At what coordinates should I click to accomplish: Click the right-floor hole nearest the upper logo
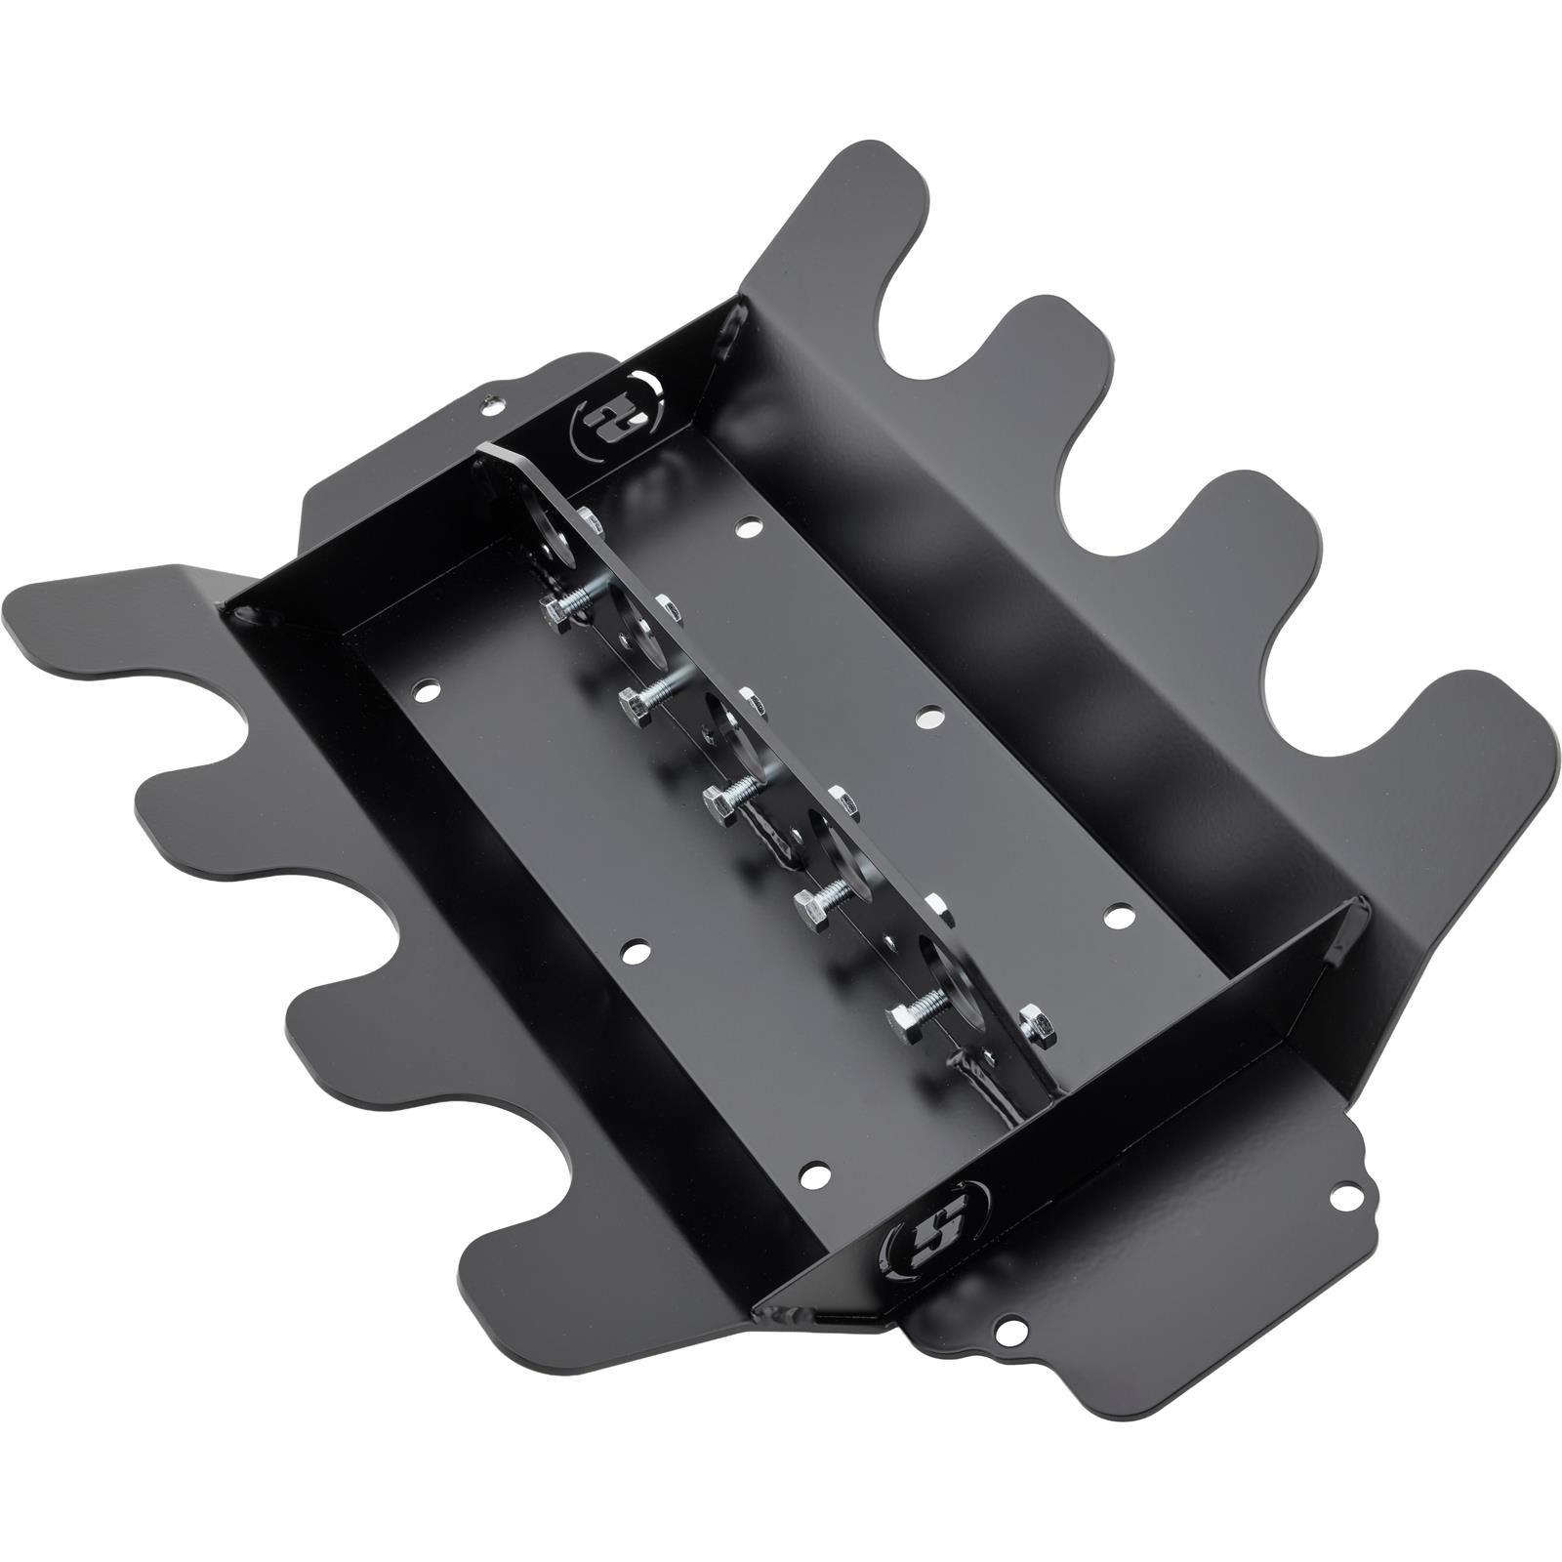pos(748,527)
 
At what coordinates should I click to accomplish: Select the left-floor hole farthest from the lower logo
pos(426,690)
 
